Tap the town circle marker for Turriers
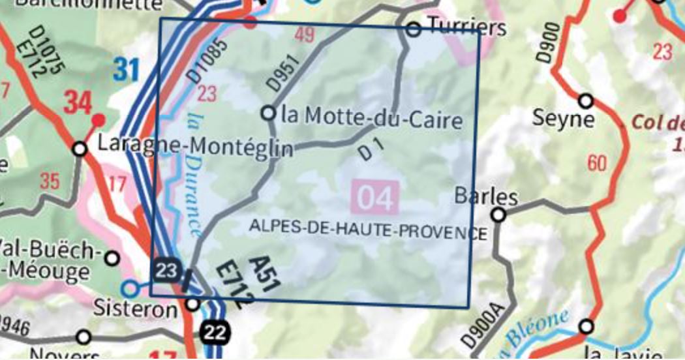tap(412, 29)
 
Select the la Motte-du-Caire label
tap(372, 119)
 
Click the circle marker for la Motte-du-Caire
tap(268, 113)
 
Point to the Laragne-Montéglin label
tap(194, 147)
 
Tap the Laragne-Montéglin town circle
tap(80, 149)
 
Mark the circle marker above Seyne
tap(586, 101)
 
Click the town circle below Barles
tap(498, 215)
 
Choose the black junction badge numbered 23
tap(166, 271)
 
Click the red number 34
tap(78, 101)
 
